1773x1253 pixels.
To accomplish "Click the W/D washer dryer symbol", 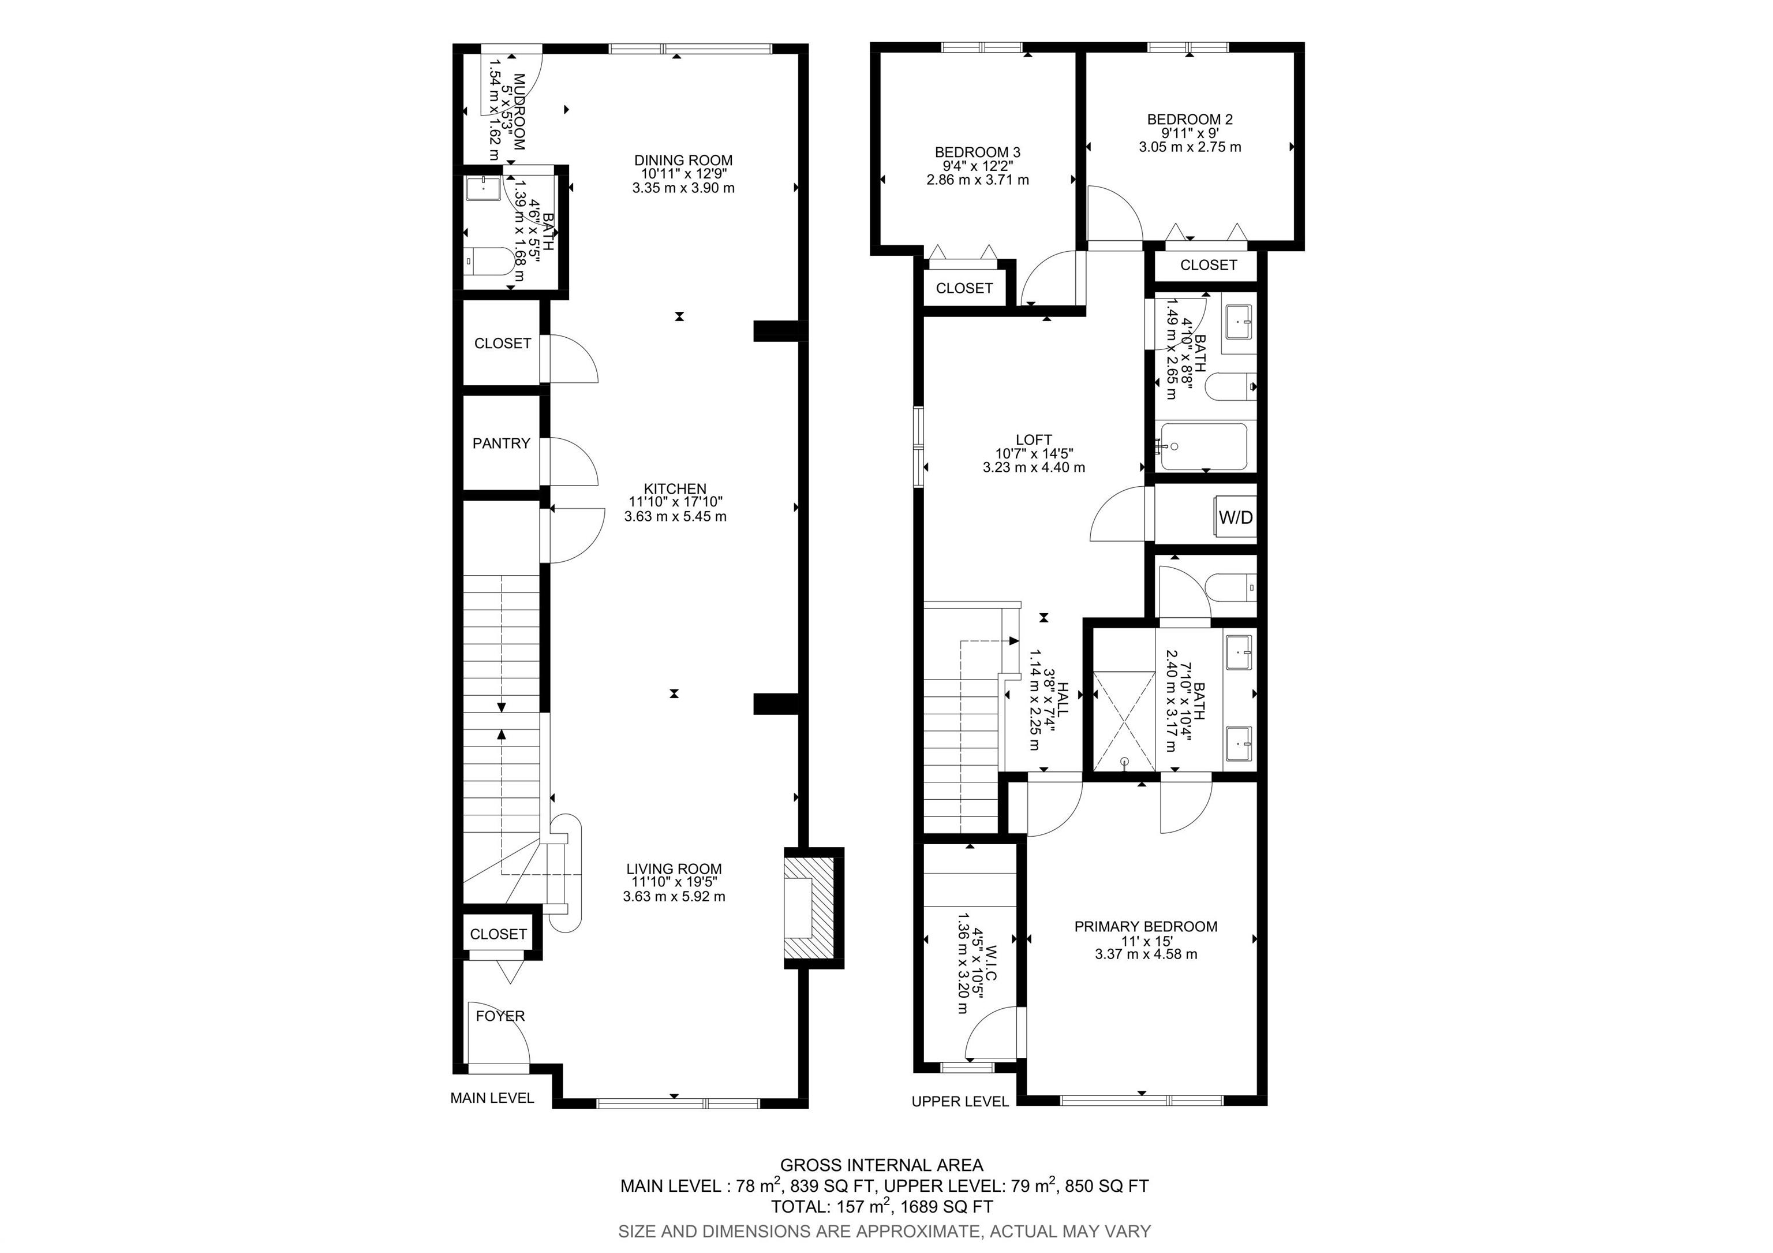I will [1236, 517].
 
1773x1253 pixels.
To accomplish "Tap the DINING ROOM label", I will [683, 161].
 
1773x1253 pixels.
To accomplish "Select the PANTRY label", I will [501, 443].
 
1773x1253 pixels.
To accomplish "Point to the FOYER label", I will [500, 1016].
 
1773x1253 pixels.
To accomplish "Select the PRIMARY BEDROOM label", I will [1145, 926].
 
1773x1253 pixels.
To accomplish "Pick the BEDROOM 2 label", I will [1189, 120].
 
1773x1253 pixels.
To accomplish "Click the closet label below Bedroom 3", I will [964, 288].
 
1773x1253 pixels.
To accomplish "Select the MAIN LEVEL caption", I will [492, 1098].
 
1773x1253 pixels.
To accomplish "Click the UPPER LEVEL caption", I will [960, 1102].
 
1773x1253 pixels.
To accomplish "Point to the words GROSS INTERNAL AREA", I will [881, 1165].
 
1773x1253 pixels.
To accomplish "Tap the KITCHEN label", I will [675, 489].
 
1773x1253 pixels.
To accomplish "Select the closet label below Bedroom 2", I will [1208, 265].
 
